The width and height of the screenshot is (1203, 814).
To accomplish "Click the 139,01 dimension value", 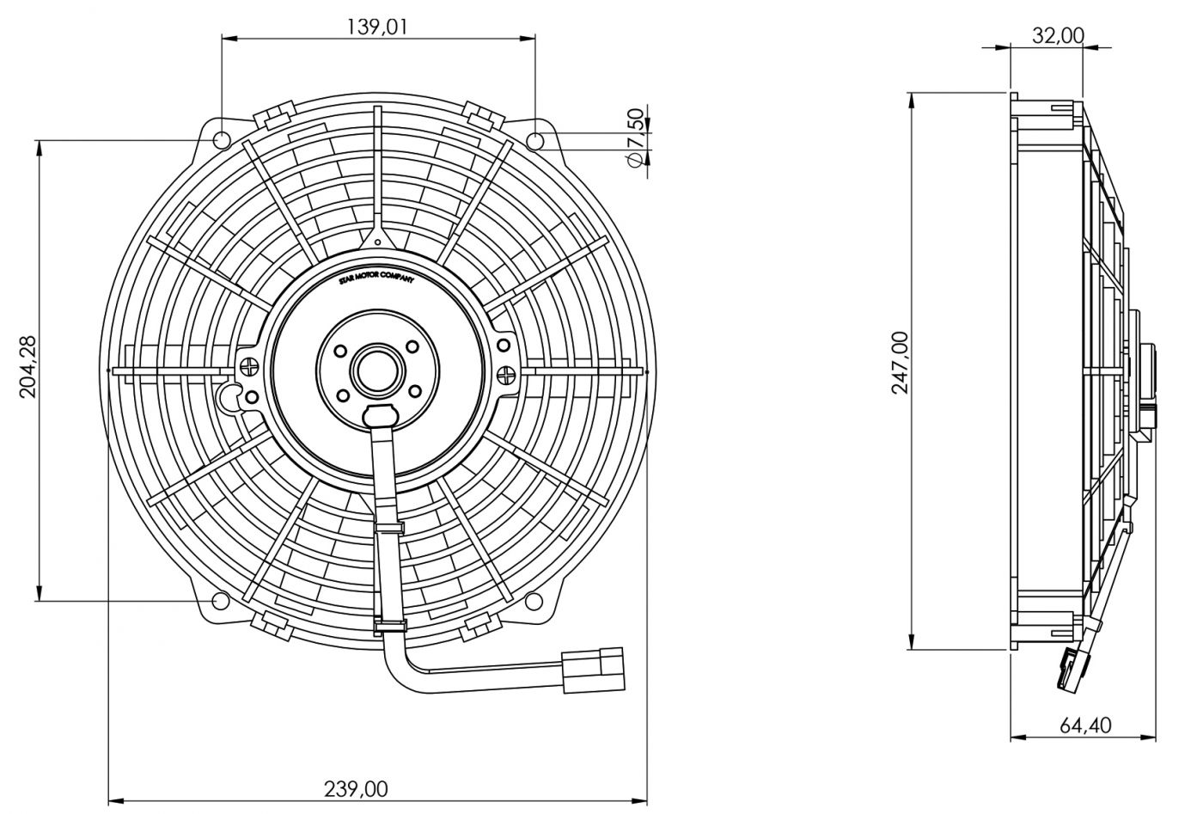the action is click(x=376, y=27).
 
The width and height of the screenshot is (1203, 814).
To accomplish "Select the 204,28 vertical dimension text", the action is click(x=27, y=366).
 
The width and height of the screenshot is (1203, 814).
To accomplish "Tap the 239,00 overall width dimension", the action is click(x=356, y=789).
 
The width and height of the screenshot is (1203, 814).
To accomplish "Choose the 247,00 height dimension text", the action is click(x=901, y=363).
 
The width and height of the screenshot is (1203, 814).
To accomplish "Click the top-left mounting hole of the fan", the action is click(x=222, y=141).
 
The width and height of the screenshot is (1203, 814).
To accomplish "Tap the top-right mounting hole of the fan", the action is click(x=535, y=141).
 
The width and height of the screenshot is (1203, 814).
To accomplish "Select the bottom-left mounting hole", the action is click(x=220, y=601).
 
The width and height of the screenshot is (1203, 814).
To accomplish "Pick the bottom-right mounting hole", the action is click(x=534, y=601).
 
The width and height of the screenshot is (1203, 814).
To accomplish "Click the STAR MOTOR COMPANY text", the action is click(x=376, y=278).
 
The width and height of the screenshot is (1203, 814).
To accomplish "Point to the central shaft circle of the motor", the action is click(x=377, y=370).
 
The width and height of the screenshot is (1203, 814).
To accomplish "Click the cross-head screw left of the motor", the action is click(x=249, y=368).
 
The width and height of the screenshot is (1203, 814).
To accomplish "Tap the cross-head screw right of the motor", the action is click(x=506, y=373).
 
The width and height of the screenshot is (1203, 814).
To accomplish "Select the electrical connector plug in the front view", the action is click(x=593, y=670).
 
